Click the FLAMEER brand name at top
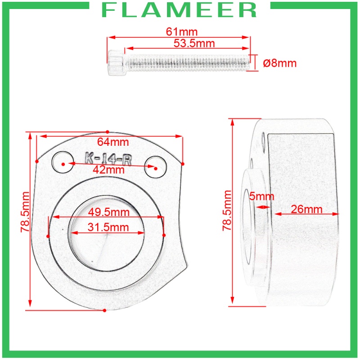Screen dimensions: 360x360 point(180,10)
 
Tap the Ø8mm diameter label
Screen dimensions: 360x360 point(279,63)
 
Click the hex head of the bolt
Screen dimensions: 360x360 point(116,62)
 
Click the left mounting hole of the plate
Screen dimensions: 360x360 point(63,162)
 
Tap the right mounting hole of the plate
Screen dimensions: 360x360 point(155,166)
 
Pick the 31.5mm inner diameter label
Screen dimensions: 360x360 point(108,228)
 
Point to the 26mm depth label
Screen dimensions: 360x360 point(306,209)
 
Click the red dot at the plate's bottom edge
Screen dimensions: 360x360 point(104,310)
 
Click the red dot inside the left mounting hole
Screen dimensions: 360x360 point(63,164)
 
